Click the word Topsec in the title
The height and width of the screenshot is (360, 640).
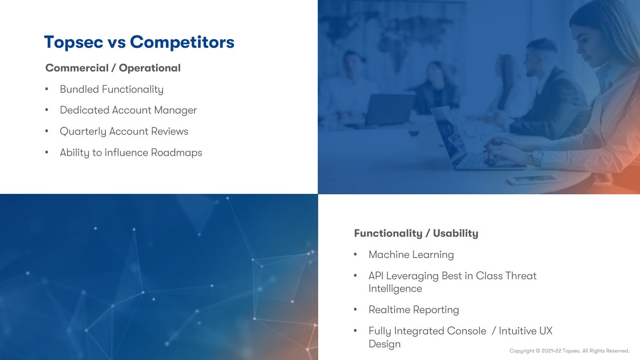click(x=74, y=42)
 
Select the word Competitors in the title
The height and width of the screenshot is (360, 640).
click(x=182, y=42)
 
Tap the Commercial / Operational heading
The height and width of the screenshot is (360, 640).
click(x=113, y=68)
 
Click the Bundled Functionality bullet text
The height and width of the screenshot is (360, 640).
click(x=111, y=89)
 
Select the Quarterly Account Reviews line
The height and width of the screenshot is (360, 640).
click(x=124, y=131)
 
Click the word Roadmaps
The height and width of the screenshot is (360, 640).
click(x=176, y=153)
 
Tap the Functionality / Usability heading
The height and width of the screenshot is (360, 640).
click(x=416, y=233)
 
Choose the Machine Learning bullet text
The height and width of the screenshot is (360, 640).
click(x=411, y=255)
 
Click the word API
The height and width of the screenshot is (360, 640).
click(x=376, y=276)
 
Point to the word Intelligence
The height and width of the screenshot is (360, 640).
click(x=395, y=289)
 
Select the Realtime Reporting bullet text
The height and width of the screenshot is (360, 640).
click(x=413, y=310)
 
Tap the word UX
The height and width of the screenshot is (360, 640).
click(x=546, y=331)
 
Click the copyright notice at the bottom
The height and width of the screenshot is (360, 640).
click(x=569, y=351)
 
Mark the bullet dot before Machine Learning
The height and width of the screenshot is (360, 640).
click(x=355, y=255)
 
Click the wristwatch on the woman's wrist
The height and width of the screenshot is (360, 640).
click(x=538, y=158)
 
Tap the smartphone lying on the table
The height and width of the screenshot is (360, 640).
click(x=531, y=179)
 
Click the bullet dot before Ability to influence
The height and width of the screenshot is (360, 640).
click(x=47, y=153)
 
